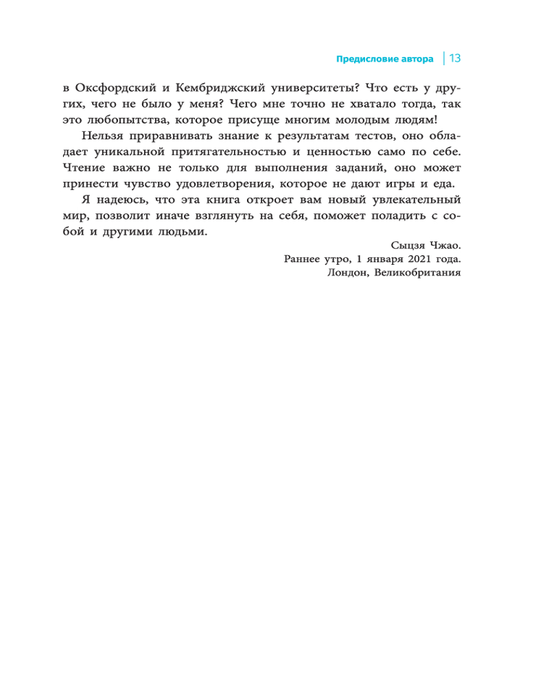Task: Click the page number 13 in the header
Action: (454, 59)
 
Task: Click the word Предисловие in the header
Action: (366, 60)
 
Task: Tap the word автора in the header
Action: (416, 60)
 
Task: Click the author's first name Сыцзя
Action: (408, 246)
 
